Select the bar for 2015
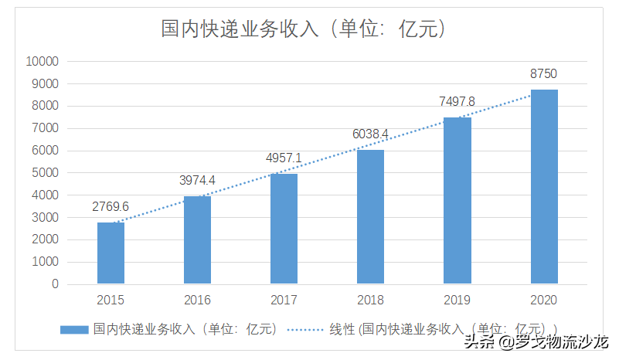tap(111, 253)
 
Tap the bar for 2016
tap(197, 240)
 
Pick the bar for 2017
tap(284, 229)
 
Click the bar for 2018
tap(370, 217)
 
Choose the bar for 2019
tap(457, 201)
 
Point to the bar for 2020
tap(543, 187)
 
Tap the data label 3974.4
tap(197, 180)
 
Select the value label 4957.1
tap(284, 158)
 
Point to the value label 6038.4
tap(370, 134)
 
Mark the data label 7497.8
tap(457, 101)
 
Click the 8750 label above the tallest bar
tap(543, 73)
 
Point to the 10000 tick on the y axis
tap(42, 62)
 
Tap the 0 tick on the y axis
tap(55, 284)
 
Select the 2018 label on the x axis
tap(370, 300)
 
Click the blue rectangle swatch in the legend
tap(74, 329)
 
